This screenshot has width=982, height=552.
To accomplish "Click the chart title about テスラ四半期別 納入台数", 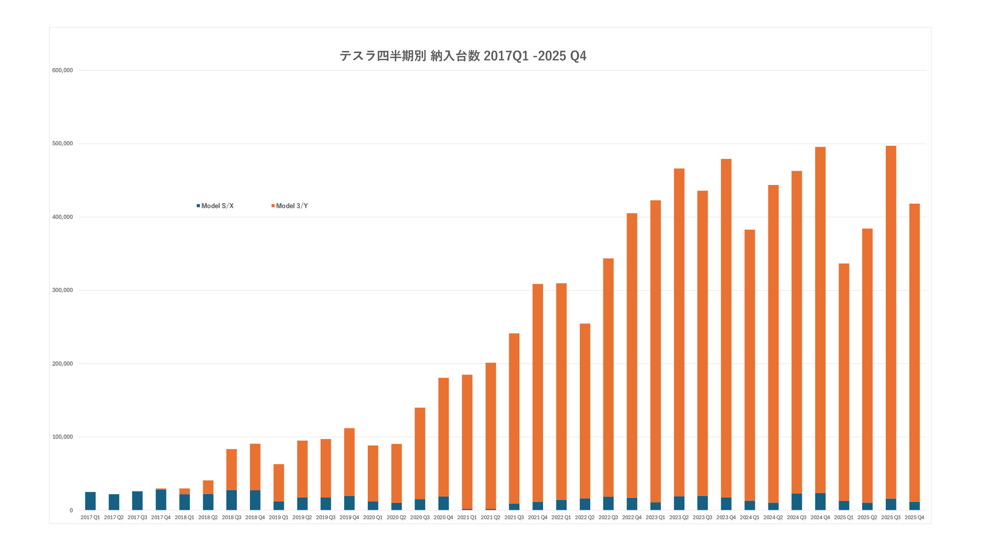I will point(463,56).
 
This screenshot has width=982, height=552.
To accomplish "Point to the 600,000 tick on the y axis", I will point(62,70).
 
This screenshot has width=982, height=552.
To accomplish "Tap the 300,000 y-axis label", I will point(62,290).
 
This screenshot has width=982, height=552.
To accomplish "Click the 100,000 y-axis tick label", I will point(62,437).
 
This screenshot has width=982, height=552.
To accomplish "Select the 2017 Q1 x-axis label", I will point(90,518).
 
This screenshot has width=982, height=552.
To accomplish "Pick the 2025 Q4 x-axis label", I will point(914,518).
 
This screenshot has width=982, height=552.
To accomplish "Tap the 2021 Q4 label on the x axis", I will point(538,518).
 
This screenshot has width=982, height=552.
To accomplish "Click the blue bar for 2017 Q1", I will point(90,501).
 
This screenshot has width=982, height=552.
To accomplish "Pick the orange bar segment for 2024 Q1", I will point(750,365).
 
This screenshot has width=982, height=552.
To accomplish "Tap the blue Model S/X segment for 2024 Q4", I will point(820,501).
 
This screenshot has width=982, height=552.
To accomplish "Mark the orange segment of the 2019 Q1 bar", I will point(279,483).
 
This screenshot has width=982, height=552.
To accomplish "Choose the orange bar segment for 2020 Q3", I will point(420,453).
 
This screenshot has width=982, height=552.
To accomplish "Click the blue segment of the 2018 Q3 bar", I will point(232,500).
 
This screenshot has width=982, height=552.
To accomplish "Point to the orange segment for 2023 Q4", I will point(726,328).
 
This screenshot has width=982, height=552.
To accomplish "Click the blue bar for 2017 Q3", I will point(137,500).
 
